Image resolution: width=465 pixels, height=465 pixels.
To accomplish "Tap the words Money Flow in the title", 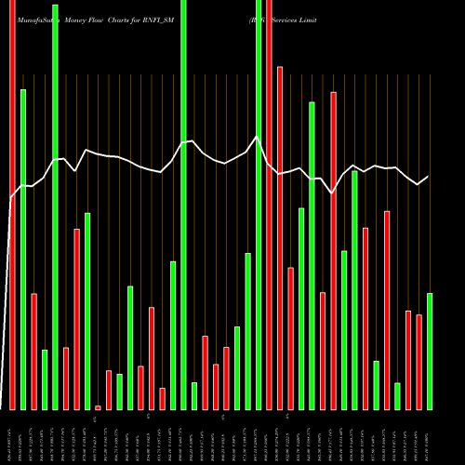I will (88, 19).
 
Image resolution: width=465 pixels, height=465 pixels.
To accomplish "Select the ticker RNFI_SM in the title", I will (205, 19).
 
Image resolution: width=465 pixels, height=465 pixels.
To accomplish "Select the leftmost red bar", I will (12, 205).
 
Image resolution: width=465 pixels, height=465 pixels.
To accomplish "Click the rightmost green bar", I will (430, 352).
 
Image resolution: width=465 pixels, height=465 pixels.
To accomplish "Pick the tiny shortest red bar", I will (98, 407).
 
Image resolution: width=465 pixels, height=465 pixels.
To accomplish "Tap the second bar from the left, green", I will (23, 249).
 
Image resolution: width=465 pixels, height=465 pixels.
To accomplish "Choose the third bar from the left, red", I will (33, 352).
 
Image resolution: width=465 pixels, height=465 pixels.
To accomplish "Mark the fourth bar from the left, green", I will (45, 379).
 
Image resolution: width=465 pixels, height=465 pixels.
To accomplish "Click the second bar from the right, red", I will (418, 363).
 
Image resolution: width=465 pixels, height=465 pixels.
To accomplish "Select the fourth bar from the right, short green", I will (397, 396).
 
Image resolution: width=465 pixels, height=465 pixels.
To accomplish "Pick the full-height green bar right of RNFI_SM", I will (259, 205).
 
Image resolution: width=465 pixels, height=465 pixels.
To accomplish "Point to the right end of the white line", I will (428, 177).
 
